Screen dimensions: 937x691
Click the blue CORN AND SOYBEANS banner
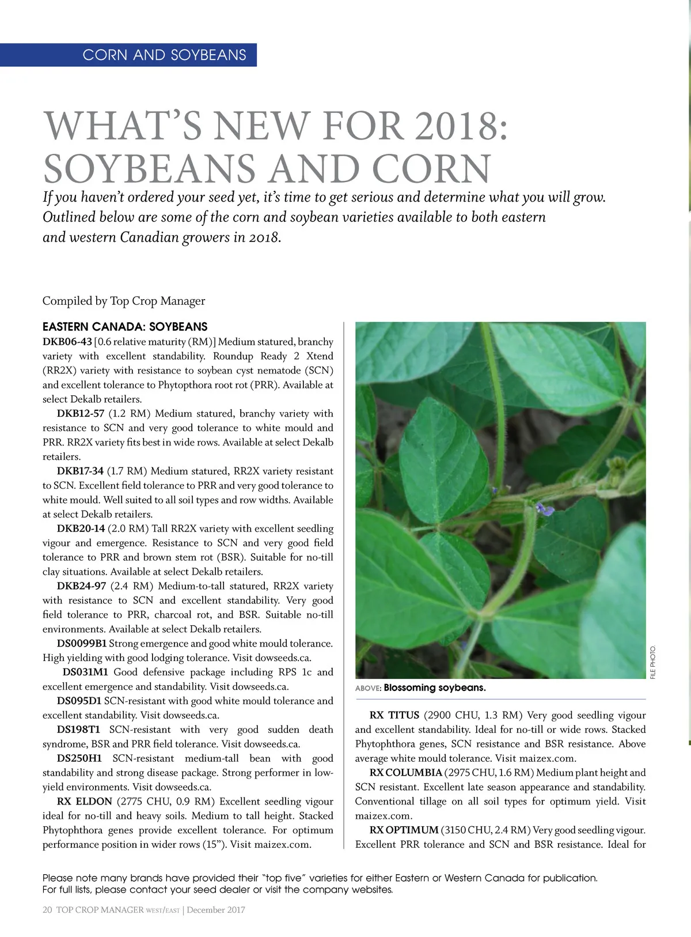pos(164,55)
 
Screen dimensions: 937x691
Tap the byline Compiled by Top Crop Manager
pos(124,301)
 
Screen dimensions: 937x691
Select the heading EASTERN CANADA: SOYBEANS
pos(125,327)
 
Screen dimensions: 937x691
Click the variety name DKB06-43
pos(67,342)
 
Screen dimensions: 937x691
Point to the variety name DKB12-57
pos(81,414)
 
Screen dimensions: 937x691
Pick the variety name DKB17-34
pos(80,471)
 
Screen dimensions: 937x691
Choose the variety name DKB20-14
pos(81,528)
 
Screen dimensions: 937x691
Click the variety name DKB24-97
pos(81,586)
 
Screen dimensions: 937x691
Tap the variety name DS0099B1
pos(82,644)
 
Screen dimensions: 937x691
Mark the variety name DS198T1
pos(79,730)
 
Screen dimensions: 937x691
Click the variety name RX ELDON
pos(84,802)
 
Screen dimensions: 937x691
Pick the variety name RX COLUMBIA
pos(405,773)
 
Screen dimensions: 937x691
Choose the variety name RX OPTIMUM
pos(404,830)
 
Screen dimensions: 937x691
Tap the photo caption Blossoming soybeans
pos(435,687)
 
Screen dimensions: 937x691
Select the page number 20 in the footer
pos(47,910)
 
